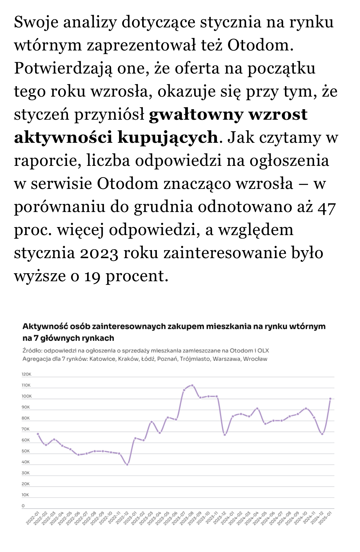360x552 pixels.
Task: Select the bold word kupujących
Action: click(168, 138)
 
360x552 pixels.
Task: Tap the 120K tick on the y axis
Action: click(26, 374)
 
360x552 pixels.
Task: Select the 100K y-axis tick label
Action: click(26, 396)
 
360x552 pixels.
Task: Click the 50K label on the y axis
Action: click(26, 451)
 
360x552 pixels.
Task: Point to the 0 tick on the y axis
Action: click(23, 506)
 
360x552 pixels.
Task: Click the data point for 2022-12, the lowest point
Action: click(127, 464)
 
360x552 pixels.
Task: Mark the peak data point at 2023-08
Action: click(192, 385)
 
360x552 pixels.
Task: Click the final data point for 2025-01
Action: click(330, 399)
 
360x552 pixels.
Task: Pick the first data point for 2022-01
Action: click(38, 434)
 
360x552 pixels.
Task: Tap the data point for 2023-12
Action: click(225, 435)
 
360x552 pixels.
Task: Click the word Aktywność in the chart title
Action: click(43, 326)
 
